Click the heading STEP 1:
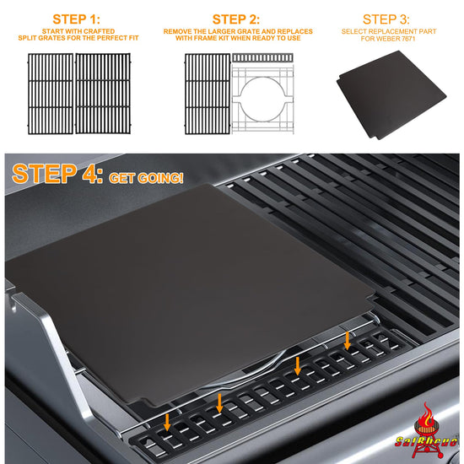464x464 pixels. [x=76, y=19]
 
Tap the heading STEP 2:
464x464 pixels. [x=236, y=19]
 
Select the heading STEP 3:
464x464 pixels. [x=386, y=19]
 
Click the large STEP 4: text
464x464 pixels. [x=57, y=174]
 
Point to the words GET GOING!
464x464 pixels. [x=146, y=178]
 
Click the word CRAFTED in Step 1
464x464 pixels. [x=100, y=31]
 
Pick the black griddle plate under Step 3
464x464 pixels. [x=391, y=94]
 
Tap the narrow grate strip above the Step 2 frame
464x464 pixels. [x=262, y=57]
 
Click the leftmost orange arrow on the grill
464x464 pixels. [x=167, y=422]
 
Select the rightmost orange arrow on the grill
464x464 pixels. [x=348, y=341]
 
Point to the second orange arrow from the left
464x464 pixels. [x=219, y=402]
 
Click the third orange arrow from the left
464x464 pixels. [x=298, y=366]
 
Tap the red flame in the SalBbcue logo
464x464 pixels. [x=426, y=414]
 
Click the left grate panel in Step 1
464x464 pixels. [x=51, y=94]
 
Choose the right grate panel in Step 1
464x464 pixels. [x=103, y=94]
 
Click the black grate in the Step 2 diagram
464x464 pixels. [x=208, y=94]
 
